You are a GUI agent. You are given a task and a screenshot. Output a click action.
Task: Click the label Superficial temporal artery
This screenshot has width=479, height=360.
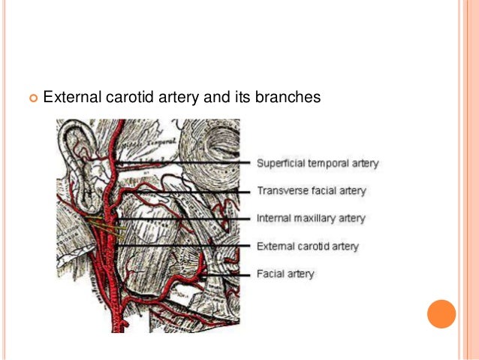coord(318,162)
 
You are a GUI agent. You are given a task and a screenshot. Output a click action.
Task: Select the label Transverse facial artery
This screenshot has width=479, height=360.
coord(312,191)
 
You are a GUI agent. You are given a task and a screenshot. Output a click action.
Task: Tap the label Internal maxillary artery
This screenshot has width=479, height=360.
coord(311,219)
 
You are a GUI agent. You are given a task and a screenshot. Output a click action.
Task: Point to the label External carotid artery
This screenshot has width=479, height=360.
coord(308,246)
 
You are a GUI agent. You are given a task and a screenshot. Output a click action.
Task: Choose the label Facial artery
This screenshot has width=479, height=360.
coord(285,274)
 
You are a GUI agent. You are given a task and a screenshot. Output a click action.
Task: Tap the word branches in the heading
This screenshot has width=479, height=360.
coord(294,97)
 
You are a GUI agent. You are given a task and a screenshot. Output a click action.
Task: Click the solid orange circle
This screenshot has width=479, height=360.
coord(441,314)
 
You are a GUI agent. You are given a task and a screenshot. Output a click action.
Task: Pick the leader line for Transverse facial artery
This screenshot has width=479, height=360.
coord(188,192)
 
